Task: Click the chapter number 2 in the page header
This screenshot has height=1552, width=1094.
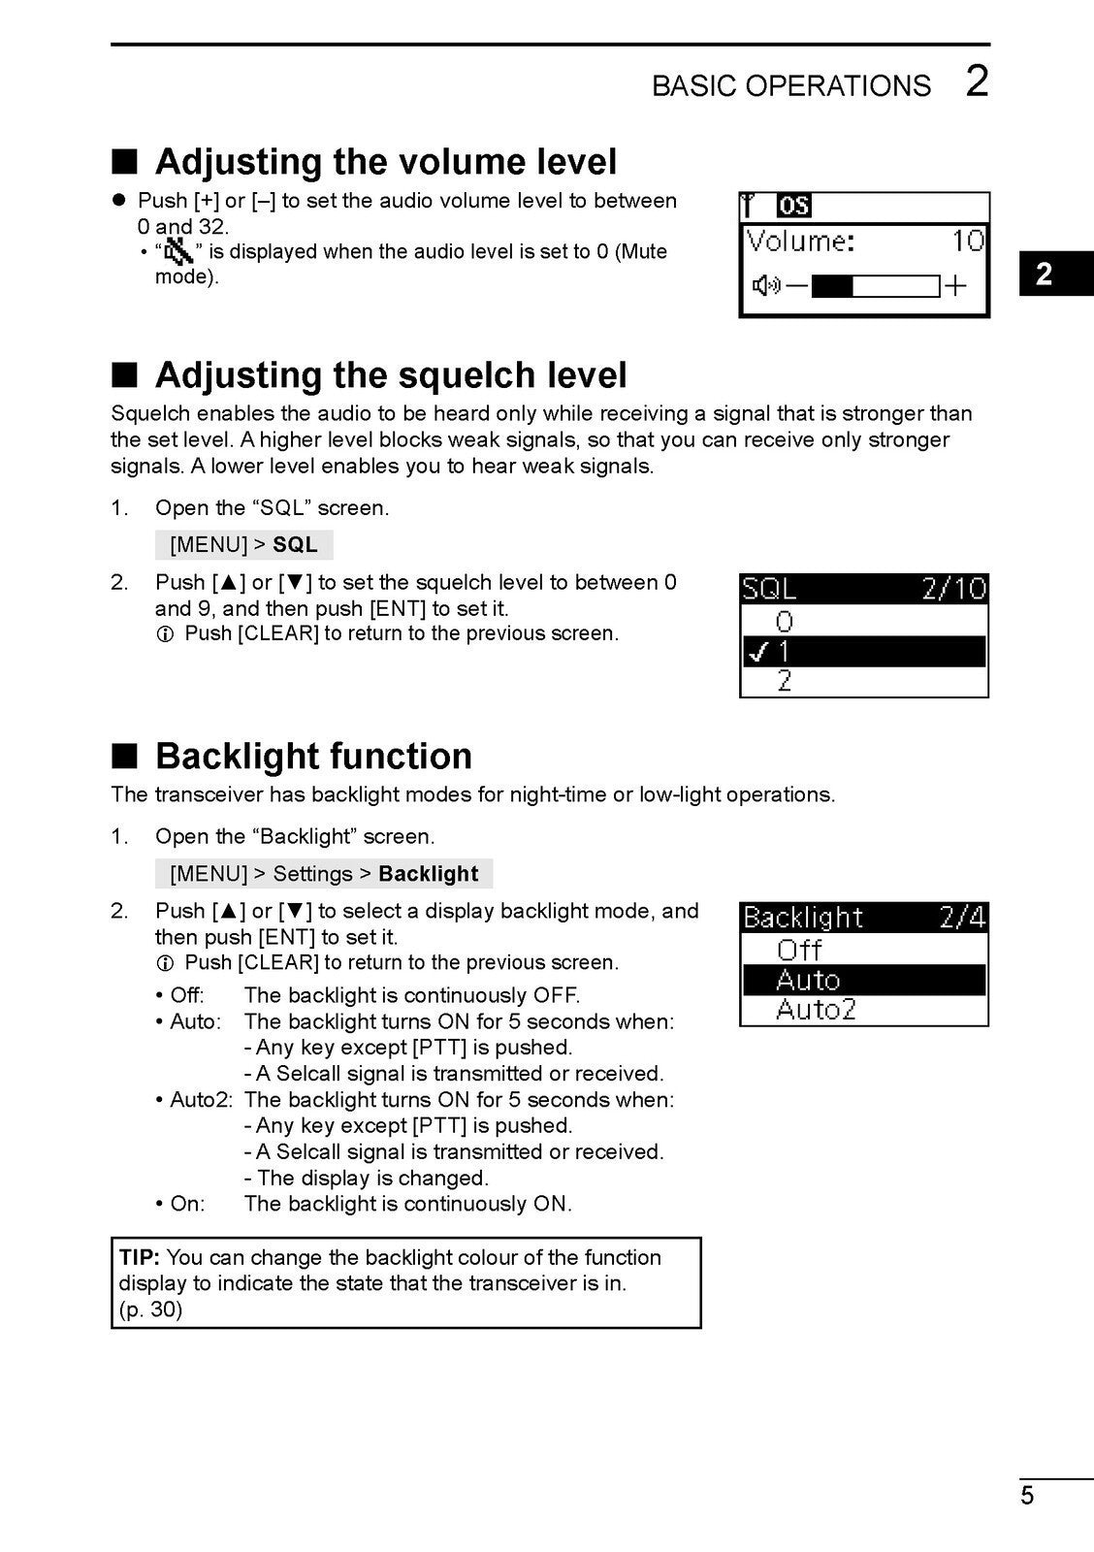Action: (977, 81)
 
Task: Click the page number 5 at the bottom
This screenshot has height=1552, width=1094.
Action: (1027, 1495)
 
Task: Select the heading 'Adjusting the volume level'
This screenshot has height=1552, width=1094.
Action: (385, 161)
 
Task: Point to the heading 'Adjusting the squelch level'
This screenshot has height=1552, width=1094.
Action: (391, 374)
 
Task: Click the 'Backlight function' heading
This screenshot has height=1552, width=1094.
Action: (313, 756)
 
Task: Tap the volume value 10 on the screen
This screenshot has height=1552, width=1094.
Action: (968, 241)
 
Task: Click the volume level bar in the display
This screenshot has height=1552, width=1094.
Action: (875, 286)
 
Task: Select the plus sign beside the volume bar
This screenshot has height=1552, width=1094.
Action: (956, 286)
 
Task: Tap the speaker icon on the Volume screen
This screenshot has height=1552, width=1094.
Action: (766, 286)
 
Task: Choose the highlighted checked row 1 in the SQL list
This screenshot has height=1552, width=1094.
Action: (863, 651)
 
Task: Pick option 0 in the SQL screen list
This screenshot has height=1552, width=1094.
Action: (785, 621)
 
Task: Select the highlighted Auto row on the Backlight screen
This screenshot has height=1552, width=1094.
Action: (863, 980)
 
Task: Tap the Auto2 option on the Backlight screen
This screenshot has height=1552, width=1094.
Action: (816, 1010)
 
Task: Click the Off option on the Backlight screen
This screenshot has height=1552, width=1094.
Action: (799, 950)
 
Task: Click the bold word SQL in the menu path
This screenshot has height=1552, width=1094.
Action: (295, 545)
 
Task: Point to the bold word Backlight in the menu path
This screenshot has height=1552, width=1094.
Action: (429, 874)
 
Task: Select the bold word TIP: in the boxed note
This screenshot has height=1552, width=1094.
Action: (140, 1258)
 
